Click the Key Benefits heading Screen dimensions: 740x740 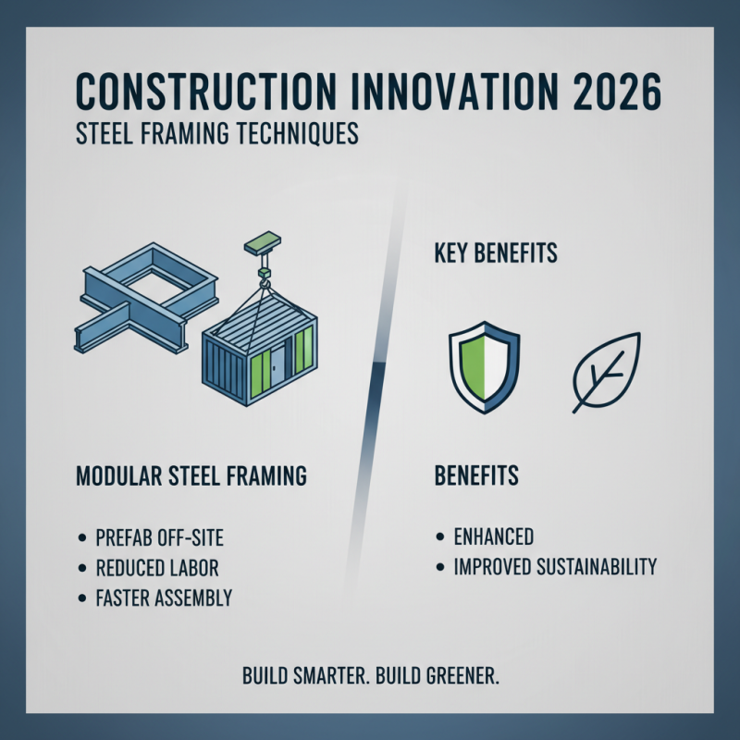tap(496, 252)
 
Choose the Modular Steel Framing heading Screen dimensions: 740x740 tap(190, 477)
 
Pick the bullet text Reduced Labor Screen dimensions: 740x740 tap(157, 568)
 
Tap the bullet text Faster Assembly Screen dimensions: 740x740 tap(164, 598)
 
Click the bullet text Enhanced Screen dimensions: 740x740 tap(493, 537)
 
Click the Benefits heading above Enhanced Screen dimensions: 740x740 tap(476, 477)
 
